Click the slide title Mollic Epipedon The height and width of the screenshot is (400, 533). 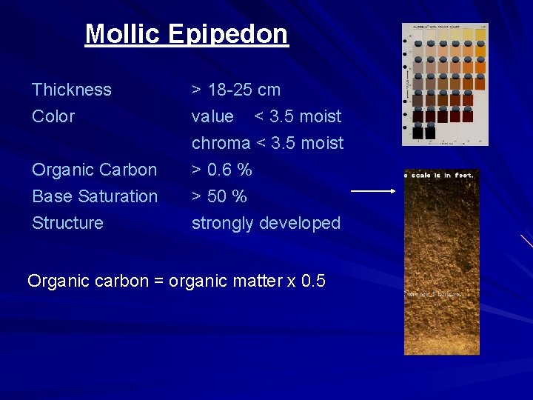point(187,34)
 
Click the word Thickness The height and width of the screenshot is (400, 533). point(72,90)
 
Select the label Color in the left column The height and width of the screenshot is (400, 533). point(53,117)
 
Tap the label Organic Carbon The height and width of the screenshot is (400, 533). point(95,170)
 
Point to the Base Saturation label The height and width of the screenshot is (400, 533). point(95,197)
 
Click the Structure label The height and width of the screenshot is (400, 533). point(67,224)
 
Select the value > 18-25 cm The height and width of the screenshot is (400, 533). point(236,90)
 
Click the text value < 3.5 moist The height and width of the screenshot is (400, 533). point(266,117)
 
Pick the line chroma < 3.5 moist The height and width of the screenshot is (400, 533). point(267,144)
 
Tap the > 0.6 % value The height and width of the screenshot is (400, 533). point(222,170)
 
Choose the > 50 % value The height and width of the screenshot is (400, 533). point(219,197)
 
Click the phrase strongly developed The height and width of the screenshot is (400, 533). point(266,224)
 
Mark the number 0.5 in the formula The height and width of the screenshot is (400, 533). point(313,281)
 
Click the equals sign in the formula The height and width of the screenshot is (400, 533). point(158,282)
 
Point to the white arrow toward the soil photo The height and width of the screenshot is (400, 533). point(374,191)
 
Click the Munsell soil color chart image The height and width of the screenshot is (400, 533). point(445,84)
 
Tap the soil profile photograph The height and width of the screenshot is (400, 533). point(441,263)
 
